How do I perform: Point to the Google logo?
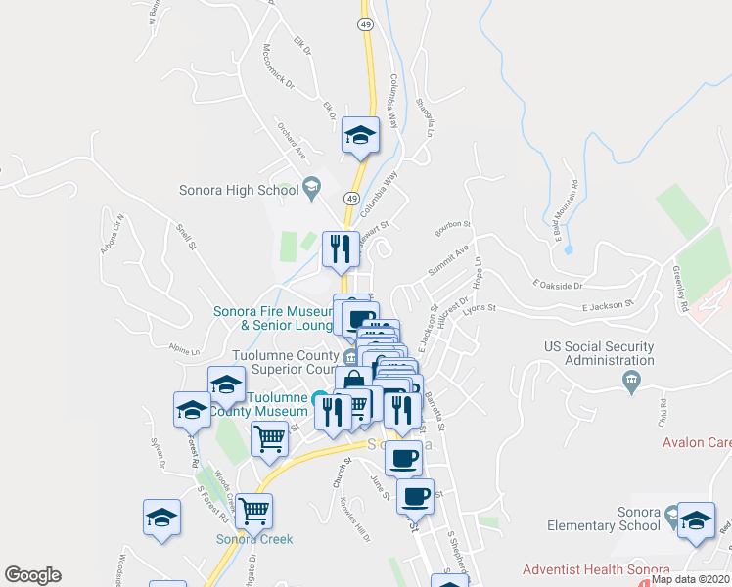pyautogui.click(x=32, y=575)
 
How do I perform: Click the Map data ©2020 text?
pyautogui.click(x=691, y=579)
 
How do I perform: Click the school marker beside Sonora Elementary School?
pyautogui.click(x=697, y=520)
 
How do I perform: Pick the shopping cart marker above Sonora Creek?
pyautogui.click(x=254, y=510)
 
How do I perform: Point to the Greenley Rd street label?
pyautogui.click(x=680, y=289)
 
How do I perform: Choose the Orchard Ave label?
pyautogui.click(x=292, y=143)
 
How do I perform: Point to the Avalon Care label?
pyautogui.click(x=696, y=442)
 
